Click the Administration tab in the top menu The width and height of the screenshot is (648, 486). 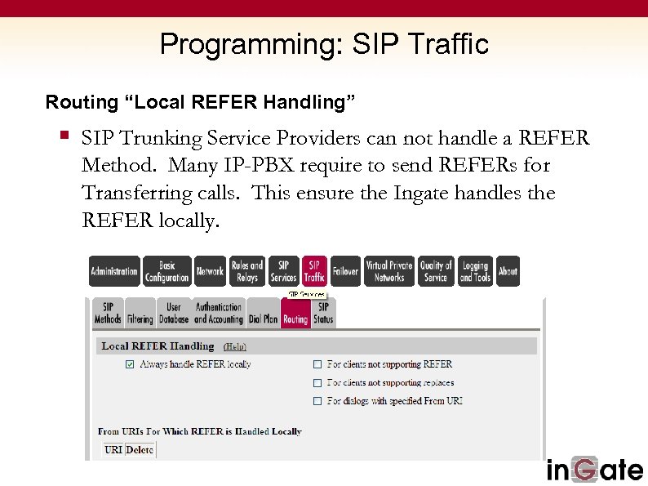(x=114, y=271)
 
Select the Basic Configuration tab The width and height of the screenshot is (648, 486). (x=166, y=271)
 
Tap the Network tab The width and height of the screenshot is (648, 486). (x=210, y=271)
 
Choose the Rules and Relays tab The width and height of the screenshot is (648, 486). (x=246, y=271)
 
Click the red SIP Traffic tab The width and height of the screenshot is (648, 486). (x=314, y=271)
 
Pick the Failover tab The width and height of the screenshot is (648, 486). (x=345, y=271)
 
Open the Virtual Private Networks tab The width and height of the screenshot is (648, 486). (x=389, y=271)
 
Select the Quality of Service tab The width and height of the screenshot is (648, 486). (x=436, y=271)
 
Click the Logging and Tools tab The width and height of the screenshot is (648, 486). (x=475, y=271)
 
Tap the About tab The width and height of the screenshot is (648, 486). (x=508, y=271)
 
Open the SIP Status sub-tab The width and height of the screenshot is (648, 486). (x=323, y=314)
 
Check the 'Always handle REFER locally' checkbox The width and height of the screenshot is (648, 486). (x=130, y=364)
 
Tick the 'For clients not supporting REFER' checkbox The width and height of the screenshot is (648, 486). (x=317, y=364)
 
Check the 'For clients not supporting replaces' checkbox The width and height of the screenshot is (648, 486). (x=317, y=383)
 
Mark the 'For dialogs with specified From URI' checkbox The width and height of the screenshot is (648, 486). (x=317, y=401)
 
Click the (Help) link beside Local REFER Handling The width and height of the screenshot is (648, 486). (x=234, y=346)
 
